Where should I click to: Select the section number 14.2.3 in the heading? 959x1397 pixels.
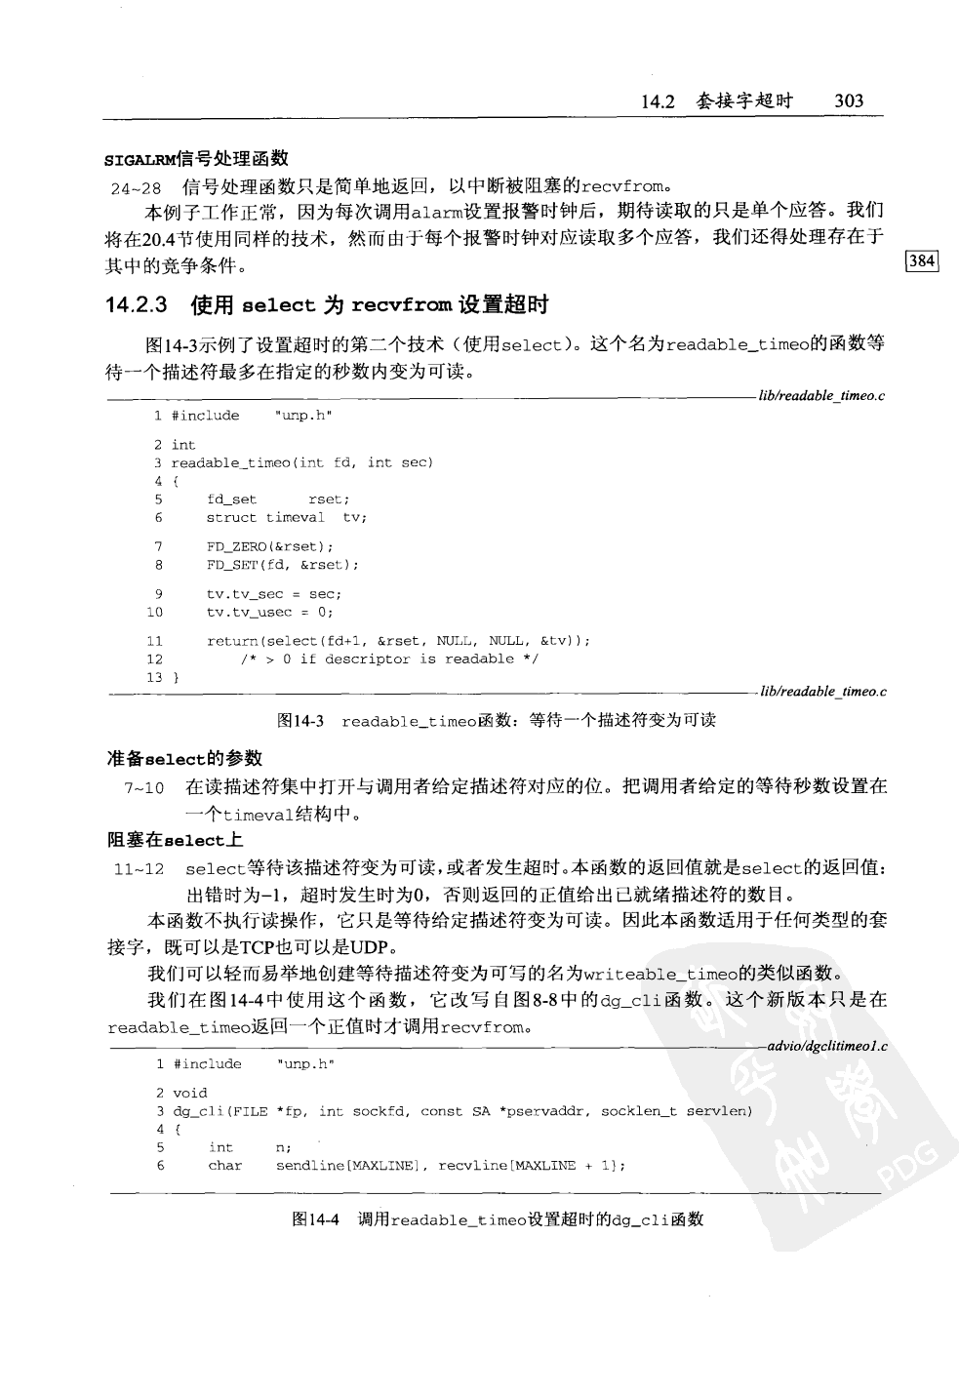click(137, 305)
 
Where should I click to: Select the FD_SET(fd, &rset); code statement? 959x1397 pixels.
click(282, 565)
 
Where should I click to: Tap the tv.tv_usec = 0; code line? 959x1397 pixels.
click(269, 613)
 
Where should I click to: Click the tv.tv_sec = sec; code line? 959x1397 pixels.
click(273, 594)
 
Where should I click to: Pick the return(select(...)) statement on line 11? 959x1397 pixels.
click(398, 641)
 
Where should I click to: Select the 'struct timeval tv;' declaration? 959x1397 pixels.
click(286, 518)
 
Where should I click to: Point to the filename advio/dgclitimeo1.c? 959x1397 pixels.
click(827, 1047)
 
